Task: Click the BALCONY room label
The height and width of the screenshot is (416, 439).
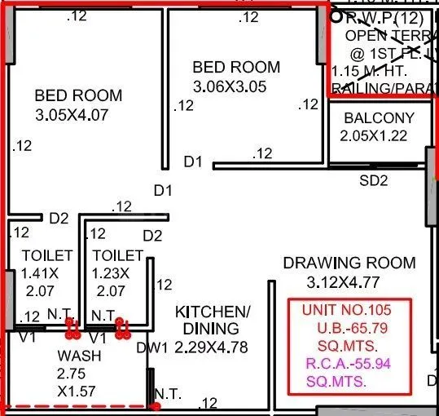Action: pos(378,118)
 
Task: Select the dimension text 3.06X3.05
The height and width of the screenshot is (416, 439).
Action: pos(235,86)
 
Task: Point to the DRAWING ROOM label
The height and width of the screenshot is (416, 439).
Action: pos(349,263)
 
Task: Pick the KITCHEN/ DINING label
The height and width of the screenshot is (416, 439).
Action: pos(211,320)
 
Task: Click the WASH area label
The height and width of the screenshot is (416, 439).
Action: pos(79,356)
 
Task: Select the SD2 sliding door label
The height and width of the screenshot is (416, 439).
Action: pos(374,181)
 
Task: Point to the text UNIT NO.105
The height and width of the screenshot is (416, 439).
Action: pos(346,311)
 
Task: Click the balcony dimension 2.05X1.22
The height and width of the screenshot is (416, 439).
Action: pos(373,136)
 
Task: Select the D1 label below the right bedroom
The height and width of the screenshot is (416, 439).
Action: pos(192,162)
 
